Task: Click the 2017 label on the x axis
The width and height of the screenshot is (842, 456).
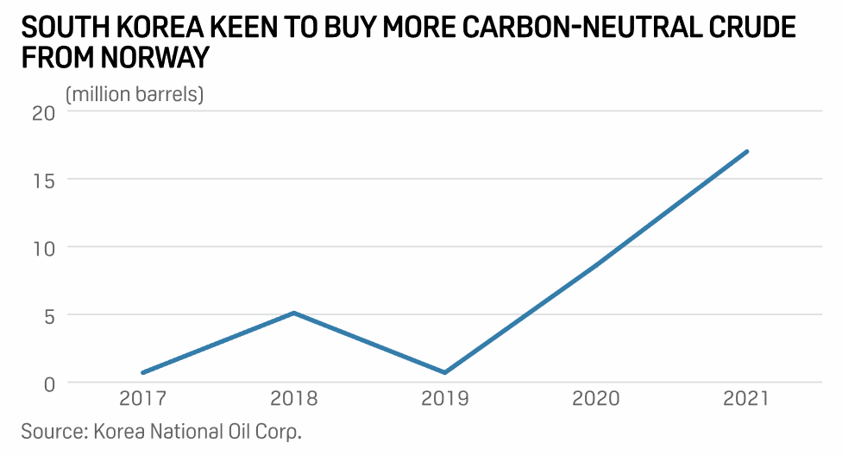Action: [142, 399]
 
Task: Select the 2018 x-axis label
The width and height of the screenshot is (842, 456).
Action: [294, 399]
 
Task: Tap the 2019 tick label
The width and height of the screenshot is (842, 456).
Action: [445, 399]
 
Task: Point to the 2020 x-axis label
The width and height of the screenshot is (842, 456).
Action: [596, 399]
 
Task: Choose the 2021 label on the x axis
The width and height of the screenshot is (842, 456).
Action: [747, 399]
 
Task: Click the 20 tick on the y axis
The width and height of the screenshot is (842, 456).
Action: [43, 112]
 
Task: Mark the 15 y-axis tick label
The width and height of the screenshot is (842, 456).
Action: [43, 180]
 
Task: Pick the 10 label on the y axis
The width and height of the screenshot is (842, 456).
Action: [43, 248]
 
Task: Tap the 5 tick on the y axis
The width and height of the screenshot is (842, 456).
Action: [48, 315]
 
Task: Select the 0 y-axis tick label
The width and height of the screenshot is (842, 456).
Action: [48, 383]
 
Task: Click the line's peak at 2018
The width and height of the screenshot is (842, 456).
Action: [294, 313]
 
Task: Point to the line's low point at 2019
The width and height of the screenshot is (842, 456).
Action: [445, 373]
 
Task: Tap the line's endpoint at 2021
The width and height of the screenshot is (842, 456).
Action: [747, 151]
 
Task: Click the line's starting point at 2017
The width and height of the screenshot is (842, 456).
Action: [142, 373]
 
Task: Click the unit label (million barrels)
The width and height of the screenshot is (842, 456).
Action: [135, 93]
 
